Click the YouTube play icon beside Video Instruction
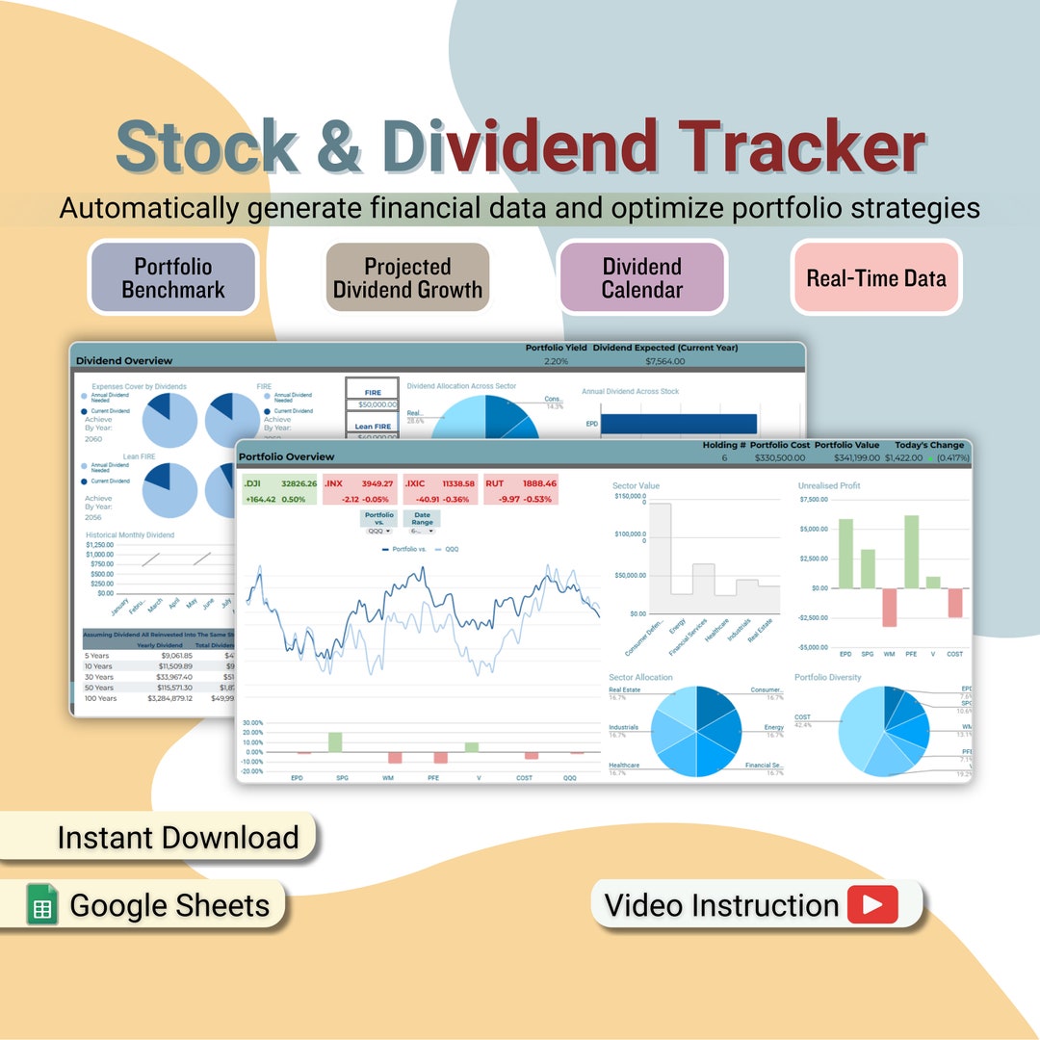[x=872, y=905]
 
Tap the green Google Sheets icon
[x=42, y=905]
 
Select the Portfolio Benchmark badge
[x=173, y=277]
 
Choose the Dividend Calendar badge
[x=642, y=277]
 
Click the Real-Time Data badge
[x=876, y=277]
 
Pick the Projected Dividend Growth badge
[x=407, y=277]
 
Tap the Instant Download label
[x=177, y=837]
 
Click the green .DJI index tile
[x=279, y=490]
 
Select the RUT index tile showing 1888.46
[x=521, y=490]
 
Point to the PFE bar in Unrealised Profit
[x=911, y=552]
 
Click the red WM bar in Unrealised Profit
[x=889, y=607]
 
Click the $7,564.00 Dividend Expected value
[x=664, y=361]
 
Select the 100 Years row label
[x=101, y=698]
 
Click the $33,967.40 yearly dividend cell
[x=171, y=677]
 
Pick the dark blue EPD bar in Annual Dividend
[x=678, y=424]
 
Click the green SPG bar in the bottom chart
[x=335, y=741]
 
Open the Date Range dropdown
[x=422, y=531]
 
